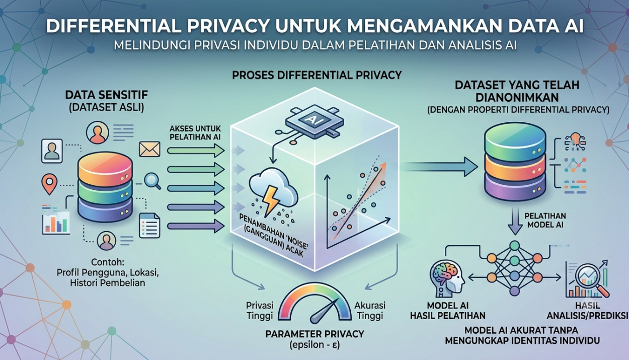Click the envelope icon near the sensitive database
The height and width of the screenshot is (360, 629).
149,149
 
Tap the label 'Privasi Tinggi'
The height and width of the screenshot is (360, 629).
260,311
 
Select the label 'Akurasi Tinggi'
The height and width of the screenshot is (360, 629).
370,311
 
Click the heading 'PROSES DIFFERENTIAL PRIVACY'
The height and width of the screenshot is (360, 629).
317,75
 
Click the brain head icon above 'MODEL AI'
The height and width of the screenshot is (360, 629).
447,278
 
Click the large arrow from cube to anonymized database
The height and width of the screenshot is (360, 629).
439,167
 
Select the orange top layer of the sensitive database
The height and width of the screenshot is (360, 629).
105,168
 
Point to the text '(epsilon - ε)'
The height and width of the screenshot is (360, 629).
315,345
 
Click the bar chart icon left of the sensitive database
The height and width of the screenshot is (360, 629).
56,223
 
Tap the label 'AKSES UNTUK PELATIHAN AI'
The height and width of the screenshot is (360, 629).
195,133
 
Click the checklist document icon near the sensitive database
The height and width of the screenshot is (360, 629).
149,226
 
